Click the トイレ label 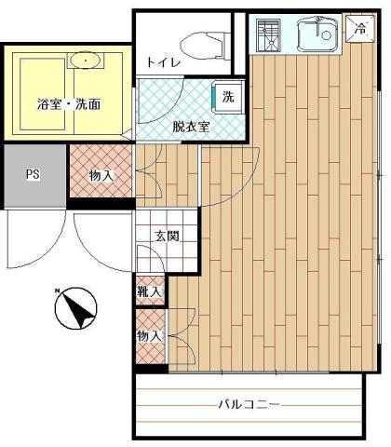click(x=164, y=63)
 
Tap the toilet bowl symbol click(x=202, y=46)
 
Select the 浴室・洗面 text click(x=69, y=104)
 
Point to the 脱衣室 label click(x=191, y=127)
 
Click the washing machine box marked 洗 click(x=228, y=98)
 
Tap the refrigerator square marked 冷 click(x=361, y=29)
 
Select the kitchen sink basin click(x=317, y=34)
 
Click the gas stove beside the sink click(x=269, y=34)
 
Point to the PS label click(x=33, y=174)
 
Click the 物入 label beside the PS click(x=101, y=176)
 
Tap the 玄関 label click(x=168, y=237)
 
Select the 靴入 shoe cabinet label click(x=150, y=291)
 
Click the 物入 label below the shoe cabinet click(x=150, y=336)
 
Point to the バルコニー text click(x=249, y=405)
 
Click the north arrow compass click(x=76, y=308)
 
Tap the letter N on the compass click(x=57, y=291)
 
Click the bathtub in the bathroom click(x=43, y=94)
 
